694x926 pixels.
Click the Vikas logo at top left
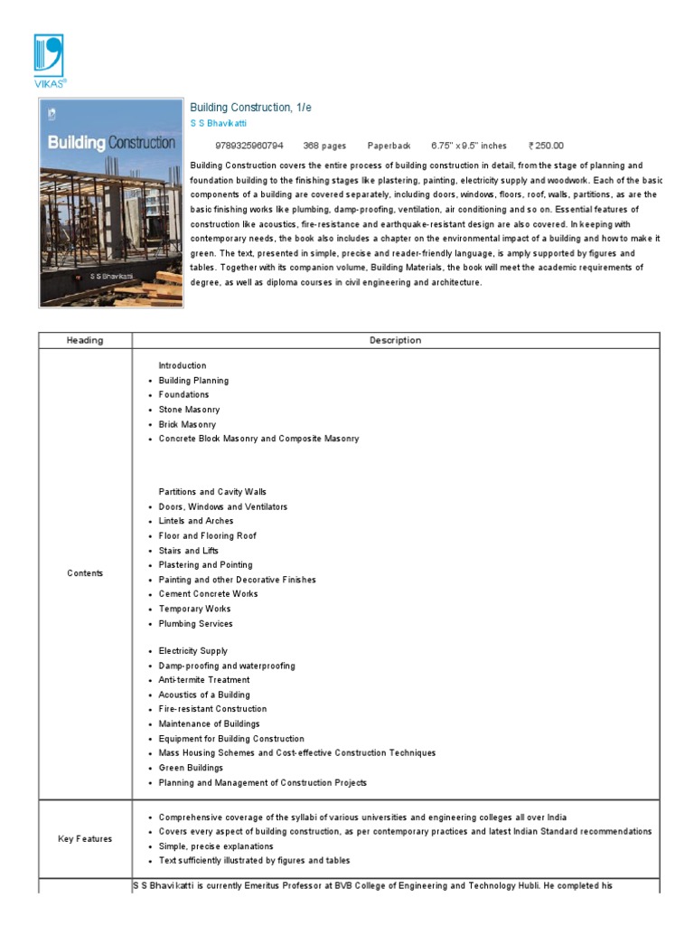(x=50, y=61)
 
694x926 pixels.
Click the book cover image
(x=110, y=203)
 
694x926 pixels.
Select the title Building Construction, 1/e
(x=250, y=108)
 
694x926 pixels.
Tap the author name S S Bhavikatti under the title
(x=218, y=123)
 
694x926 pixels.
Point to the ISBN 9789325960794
(x=249, y=146)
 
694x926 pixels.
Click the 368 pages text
(x=324, y=146)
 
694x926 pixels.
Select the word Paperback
(x=389, y=146)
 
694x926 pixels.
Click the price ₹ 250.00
(x=546, y=146)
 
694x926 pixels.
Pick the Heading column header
(x=85, y=341)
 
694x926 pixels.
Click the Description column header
(x=395, y=341)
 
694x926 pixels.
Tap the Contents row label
(x=85, y=573)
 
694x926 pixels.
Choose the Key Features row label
(x=85, y=839)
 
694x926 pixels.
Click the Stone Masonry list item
(x=189, y=410)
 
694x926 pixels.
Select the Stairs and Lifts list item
(x=189, y=551)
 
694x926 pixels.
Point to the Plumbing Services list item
(x=195, y=624)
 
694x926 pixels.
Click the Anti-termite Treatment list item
(x=204, y=680)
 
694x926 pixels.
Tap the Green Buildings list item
(x=191, y=768)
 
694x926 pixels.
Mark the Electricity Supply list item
(x=192, y=651)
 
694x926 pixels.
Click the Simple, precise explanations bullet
(x=216, y=846)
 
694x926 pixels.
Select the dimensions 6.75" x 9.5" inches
(x=469, y=146)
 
